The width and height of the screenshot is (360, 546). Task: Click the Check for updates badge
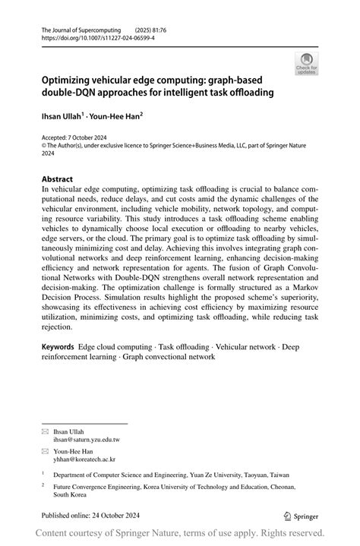tap(306, 63)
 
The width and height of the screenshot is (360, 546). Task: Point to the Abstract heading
tap(58, 179)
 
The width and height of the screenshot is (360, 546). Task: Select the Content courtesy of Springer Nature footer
tap(180, 533)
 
